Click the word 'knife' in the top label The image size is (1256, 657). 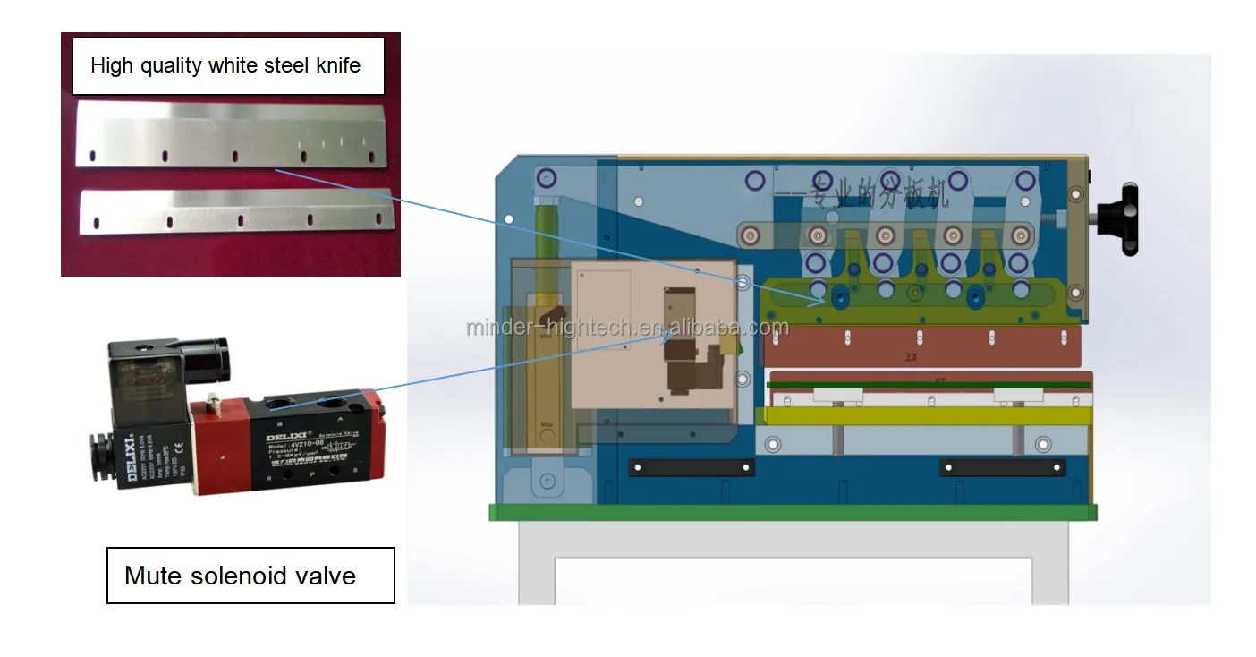point(332,65)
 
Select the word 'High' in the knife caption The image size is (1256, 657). point(112,65)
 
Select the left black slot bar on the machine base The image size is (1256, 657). point(692,467)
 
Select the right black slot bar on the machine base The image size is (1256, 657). point(1002,467)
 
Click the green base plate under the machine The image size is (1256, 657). point(792,512)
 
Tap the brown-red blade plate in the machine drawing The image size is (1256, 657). point(921,346)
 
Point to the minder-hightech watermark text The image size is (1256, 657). point(626,328)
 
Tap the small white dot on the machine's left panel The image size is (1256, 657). point(508,218)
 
